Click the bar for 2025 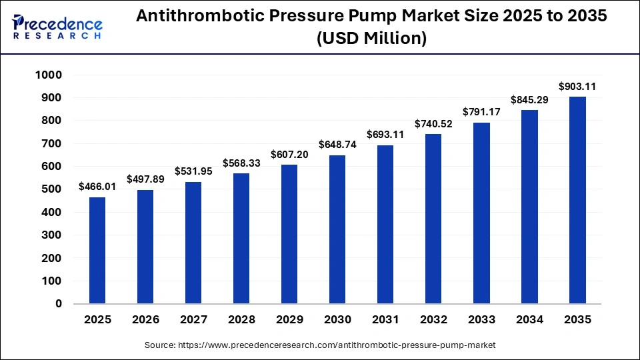[x=97, y=250]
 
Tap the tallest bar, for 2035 [x=577, y=200]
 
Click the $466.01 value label [x=97, y=187]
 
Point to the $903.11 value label [x=577, y=87]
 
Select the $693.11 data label [x=385, y=135]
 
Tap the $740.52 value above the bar [x=433, y=124]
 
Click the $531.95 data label [x=193, y=171]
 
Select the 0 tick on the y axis [x=59, y=304]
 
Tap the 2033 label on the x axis [x=481, y=320]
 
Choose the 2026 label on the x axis [x=145, y=320]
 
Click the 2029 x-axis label [x=289, y=320]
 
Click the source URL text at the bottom [x=320, y=345]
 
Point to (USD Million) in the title [x=371, y=39]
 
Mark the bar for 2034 [x=529, y=207]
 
